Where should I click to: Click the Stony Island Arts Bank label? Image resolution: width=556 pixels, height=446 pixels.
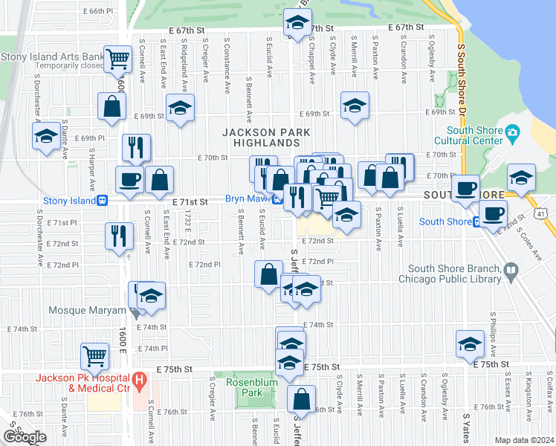tap(52, 56)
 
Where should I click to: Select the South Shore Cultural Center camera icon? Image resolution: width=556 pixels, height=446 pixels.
tap(512, 134)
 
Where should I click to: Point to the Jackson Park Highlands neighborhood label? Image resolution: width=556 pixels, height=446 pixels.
tap(260, 137)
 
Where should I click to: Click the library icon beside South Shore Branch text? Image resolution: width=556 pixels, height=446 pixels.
tap(511, 273)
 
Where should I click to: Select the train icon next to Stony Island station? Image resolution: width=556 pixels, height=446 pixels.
tap(102, 200)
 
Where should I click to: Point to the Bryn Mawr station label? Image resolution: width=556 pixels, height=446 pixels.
tap(247, 199)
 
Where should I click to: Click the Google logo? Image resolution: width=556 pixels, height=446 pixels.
tap(25, 436)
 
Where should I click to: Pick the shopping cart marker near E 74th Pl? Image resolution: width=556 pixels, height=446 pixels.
tap(95, 357)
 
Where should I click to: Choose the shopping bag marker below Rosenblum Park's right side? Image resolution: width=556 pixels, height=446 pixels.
tap(301, 399)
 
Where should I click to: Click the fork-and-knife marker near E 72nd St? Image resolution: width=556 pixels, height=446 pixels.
tap(119, 236)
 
